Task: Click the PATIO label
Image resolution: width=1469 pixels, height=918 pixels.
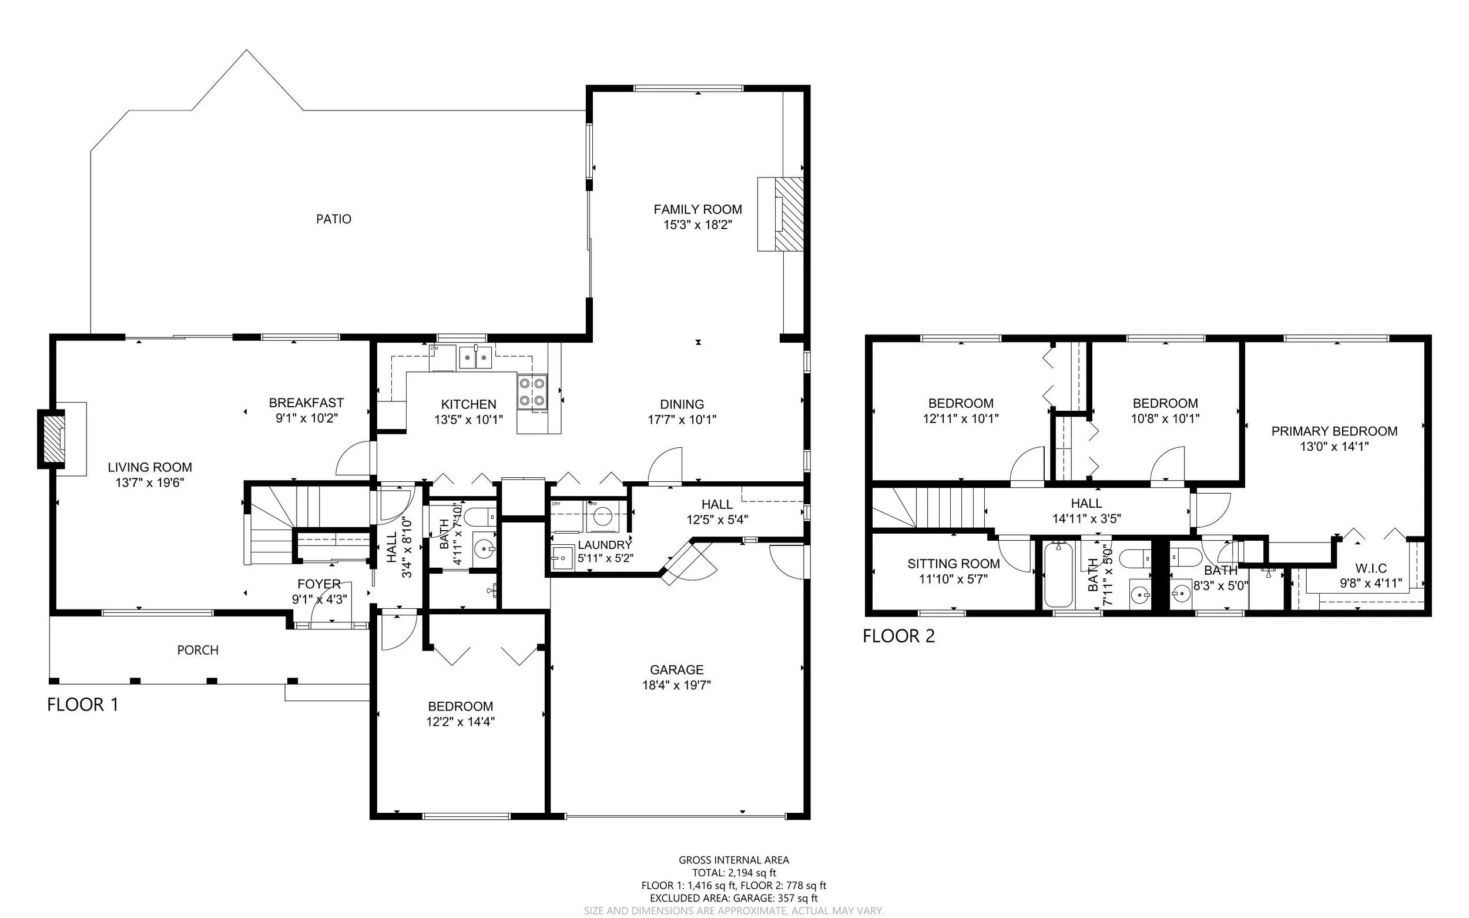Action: [x=333, y=219]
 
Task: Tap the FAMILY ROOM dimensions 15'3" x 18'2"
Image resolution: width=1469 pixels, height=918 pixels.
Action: [x=697, y=225]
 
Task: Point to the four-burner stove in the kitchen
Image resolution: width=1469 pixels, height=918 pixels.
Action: [x=532, y=391]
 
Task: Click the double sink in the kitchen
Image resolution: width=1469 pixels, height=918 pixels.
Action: [x=475, y=359]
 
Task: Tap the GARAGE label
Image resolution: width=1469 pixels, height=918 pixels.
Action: [x=677, y=669]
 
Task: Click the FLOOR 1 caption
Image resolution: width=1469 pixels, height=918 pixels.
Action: [x=82, y=705]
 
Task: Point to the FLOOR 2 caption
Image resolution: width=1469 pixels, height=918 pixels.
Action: [x=898, y=636]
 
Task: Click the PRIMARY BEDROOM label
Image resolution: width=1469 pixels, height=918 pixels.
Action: [x=1334, y=431]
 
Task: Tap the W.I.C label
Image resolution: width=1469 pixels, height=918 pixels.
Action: [x=1371, y=568]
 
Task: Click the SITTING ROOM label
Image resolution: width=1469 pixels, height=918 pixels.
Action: [x=954, y=564]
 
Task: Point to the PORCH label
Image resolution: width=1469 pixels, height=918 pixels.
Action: [x=198, y=650]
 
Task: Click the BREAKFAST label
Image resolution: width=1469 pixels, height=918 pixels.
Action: [x=306, y=403]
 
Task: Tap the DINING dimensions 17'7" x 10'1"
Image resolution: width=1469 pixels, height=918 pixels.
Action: [x=682, y=420]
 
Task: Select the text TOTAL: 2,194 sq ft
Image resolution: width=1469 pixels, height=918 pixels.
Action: [x=734, y=873]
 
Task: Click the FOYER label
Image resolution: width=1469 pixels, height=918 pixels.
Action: [x=318, y=584]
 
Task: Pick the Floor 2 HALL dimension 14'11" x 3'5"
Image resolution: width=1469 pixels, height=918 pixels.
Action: [x=1086, y=519]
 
